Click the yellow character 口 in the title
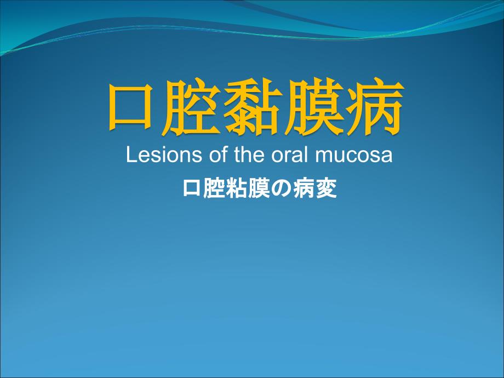tap(131, 106)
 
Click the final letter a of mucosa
tap(387, 156)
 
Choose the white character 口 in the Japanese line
tap(192, 188)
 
